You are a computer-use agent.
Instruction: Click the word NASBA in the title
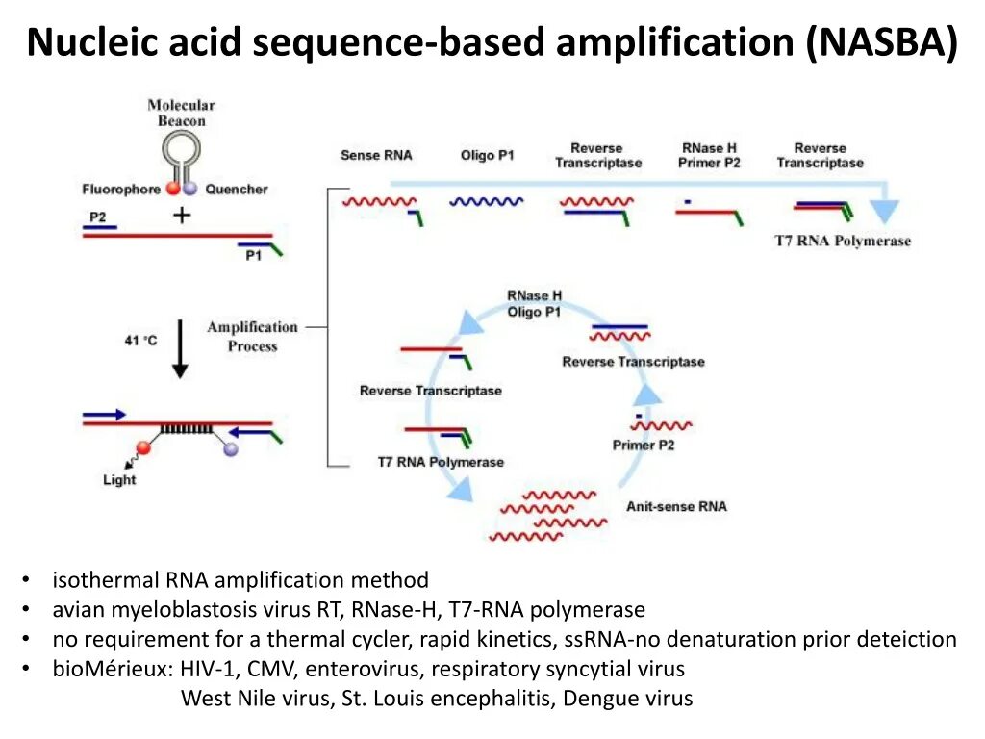pyautogui.click(x=882, y=43)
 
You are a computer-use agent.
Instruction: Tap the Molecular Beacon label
pyautogui.click(x=181, y=113)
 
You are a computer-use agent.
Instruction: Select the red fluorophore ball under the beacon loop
pyautogui.click(x=172, y=189)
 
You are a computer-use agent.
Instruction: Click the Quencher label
pyautogui.click(x=237, y=190)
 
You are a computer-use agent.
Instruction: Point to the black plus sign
pyautogui.click(x=181, y=215)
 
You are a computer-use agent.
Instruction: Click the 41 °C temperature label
pyautogui.click(x=140, y=340)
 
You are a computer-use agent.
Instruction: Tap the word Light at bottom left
pyautogui.click(x=119, y=479)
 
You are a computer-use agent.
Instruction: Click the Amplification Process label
pyautogui.click(x=252, y=337)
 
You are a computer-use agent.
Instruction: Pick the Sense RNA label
pyautogui.click(x=376, y=155)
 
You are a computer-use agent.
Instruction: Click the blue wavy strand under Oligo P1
pyautogui.click(x=487, y=202)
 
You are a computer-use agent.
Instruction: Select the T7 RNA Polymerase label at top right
pyautogui.click(x=842, y=241)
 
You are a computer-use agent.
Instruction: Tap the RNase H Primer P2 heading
pyautogui.click(x=709, y=155)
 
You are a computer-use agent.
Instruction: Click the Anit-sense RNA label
pyautogui.click(x=676, y=506)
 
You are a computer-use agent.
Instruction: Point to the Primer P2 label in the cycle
pyautogui.click(x=643, y=445)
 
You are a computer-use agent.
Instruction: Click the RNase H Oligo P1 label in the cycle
pyautogui.click(x=534, y=304)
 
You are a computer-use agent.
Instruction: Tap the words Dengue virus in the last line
pyautogui.click(x=627, y=699)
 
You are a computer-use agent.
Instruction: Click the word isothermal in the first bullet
pyautogui.click(x=106, y=580)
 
